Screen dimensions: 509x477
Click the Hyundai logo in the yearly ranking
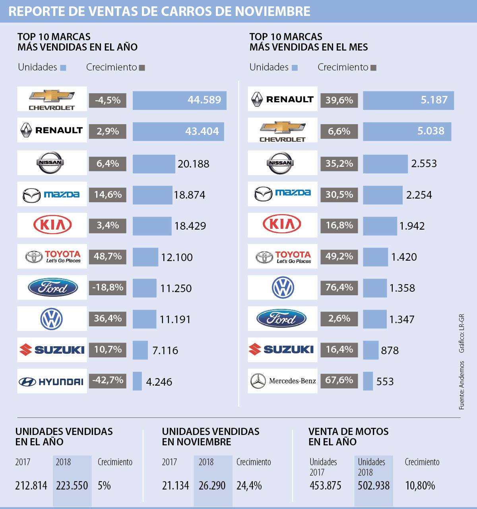tap(52, 382)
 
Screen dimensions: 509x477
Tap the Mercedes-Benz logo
tap(283, 381)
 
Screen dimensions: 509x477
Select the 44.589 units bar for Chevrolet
tap(180, 100)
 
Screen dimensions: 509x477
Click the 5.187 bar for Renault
tap(408, 100)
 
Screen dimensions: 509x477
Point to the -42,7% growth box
tap(107, 380)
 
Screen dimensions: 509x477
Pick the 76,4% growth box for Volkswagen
tap(339, 287)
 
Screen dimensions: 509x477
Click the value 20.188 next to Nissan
tap(193, 164)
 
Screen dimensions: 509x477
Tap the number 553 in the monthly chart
tap(385, 382)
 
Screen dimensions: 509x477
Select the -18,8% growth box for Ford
tap(107, 287)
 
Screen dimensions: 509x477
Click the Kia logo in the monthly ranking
tap(282, 224)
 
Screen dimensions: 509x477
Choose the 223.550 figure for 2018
tap(72, 486)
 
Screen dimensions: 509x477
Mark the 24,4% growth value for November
tap(249, 486)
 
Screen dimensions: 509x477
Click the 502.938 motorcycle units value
tap(374, 486)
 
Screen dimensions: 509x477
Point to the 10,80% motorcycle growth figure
tap(420, 486)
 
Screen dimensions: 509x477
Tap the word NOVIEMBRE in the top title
tap(273, 11)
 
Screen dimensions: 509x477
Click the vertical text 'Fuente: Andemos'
tap(461, 385)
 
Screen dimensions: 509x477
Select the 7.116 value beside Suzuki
tap(165, 351)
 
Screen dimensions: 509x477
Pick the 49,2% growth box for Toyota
tap(339, 256)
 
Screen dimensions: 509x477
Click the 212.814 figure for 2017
tap(31, 486)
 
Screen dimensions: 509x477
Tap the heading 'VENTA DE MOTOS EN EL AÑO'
tap(348, 437)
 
